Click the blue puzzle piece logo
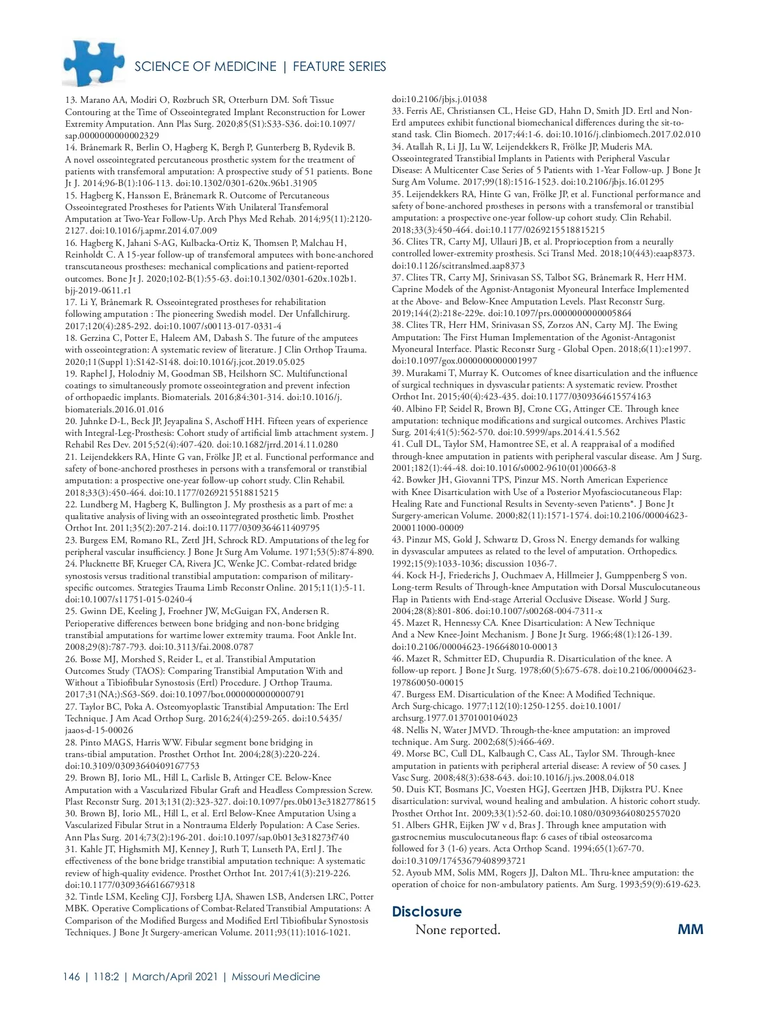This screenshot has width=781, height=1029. pyautogui.click(x=94, y=63)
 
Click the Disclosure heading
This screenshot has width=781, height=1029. pyautogui.click(x=426, y=911)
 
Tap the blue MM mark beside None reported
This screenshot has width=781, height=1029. pyautogui.click(x=690, y=929)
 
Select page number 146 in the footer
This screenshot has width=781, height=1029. pyautogui.click(x=72, y=976)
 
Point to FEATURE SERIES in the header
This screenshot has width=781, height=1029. pyautogui.click(x=339, y=66)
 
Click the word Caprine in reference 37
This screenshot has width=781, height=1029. pyautogui.click(x=408, y=289)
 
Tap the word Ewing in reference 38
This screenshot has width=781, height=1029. pyautogui.click(x=665, y=325)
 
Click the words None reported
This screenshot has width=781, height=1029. pyautogui.click(x=458, y=930)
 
